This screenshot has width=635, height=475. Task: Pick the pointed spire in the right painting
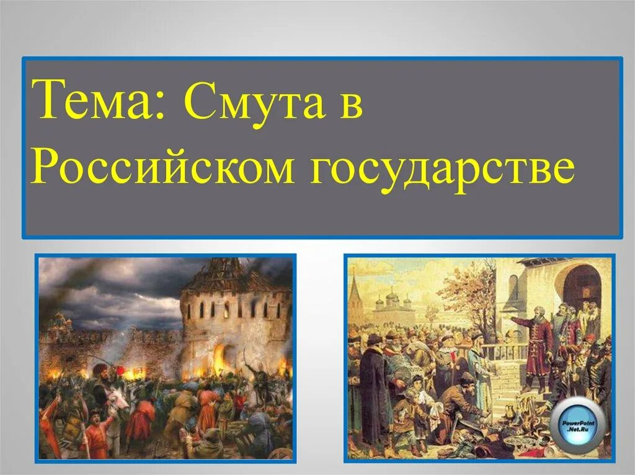355,291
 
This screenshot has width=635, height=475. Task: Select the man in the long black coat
373,384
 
